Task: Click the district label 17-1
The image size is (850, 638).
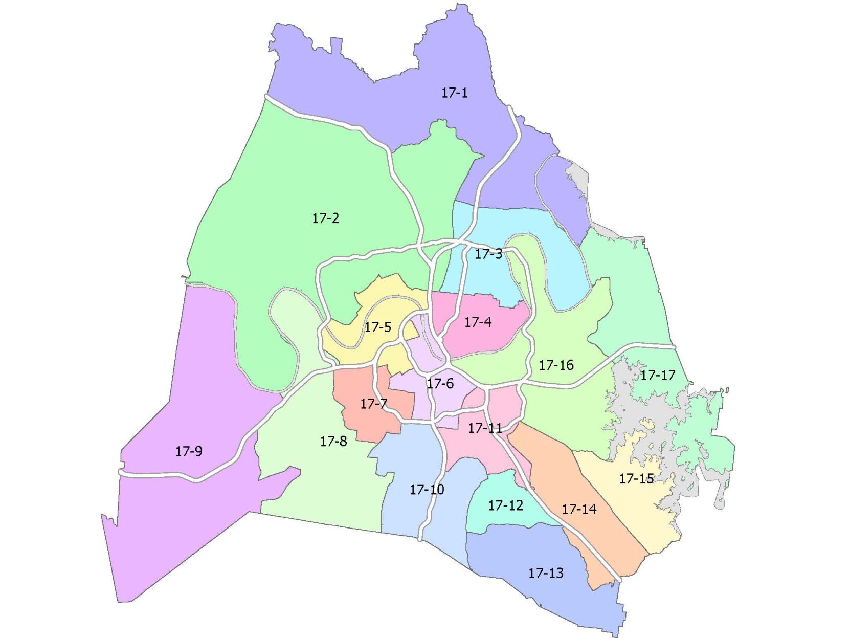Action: (x=454, y=93)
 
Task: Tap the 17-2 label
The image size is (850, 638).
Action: (x=326, y=218)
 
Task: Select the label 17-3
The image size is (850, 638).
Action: (x=488, y=254)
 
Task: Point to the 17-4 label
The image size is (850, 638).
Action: (x=478, y=322)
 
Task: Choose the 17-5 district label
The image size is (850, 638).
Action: (x=377, y=327)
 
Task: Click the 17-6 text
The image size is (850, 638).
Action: (x=440, y=383)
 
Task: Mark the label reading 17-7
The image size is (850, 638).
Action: (x=373, y=404)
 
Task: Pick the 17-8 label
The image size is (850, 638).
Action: (x=333, y=441)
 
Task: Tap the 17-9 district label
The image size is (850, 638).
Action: (x=189, y=451)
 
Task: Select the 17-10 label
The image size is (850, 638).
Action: (x=427, y=490)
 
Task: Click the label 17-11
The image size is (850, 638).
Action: (x=485, y=428)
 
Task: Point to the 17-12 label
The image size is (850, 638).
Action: (x=505, y=505)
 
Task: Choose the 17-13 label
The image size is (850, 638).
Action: (x=546, y=573)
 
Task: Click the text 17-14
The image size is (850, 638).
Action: (x=579, y=509)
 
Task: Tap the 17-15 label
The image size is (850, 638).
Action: (x=636, y=478)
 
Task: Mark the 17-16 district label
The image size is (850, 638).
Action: (x=556, y=365)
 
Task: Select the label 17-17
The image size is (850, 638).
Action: (x=658, y=375)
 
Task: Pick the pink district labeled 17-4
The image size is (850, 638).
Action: (x=491, y=338)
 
